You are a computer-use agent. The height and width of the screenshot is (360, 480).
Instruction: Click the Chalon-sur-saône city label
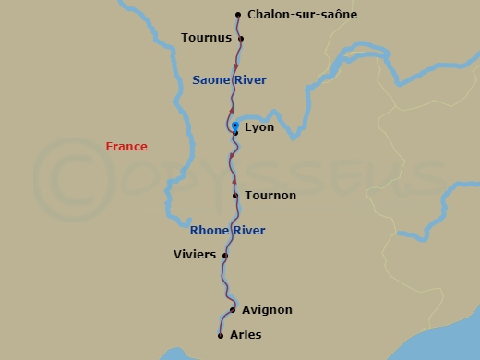click(x=302, y=15)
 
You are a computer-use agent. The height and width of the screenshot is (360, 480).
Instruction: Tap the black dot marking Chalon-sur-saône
click(x=238, y=15)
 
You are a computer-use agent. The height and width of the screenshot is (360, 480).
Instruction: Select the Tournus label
click(x=206, y=38)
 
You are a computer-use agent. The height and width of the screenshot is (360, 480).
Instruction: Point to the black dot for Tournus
click(x=241, y=38)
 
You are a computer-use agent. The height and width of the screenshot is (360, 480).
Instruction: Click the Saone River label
click(x=229, y=80)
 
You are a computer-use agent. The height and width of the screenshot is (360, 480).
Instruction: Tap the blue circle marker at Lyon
click(x=234, y=125)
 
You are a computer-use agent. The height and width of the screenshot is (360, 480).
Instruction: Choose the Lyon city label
click(x=259, y=127)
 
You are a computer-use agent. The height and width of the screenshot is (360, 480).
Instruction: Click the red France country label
click(x=126, y=147)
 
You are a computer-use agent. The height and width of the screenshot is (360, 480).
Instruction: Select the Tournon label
click(x=270, y=196)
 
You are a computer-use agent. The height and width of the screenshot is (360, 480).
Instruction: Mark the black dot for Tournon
click(x=235, y=196)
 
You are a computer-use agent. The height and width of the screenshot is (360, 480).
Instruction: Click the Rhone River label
click(x=227, y=231)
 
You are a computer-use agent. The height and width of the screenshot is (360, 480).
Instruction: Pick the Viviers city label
click(x=195, y=255)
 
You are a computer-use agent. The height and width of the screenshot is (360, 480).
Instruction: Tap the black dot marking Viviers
click(x=225, y=256)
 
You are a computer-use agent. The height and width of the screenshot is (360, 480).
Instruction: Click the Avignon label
click(x=267, y=310)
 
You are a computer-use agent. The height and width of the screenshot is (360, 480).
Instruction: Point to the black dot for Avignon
click(x=233, y=310)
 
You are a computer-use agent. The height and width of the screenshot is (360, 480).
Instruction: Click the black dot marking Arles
click(x=221, y=335)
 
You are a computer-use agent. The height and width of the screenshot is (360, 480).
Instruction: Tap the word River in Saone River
click(x=249, y=80)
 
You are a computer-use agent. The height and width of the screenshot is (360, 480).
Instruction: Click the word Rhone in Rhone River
click(x=208, y=231)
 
